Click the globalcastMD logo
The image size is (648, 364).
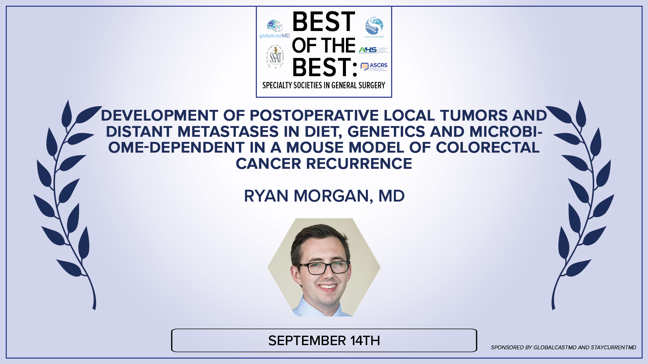click(x=274, y=29)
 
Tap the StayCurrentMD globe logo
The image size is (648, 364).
click(x=374, y=27)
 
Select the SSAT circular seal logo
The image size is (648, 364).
click(x=276, y=57)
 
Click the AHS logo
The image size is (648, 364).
click(x=374, y=50)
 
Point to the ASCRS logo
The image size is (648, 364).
click(x=374, y=67)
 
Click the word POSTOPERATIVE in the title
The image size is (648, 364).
click(x=314, y=116)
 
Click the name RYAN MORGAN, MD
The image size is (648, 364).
click(x=324, y=196)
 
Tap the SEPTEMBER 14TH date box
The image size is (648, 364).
click(x=324, y=341)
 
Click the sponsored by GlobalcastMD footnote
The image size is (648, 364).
click(x=563, y=347)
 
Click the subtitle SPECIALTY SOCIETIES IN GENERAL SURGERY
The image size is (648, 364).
click(x=324, y=86)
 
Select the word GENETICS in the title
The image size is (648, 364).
click(x=386, y=132)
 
